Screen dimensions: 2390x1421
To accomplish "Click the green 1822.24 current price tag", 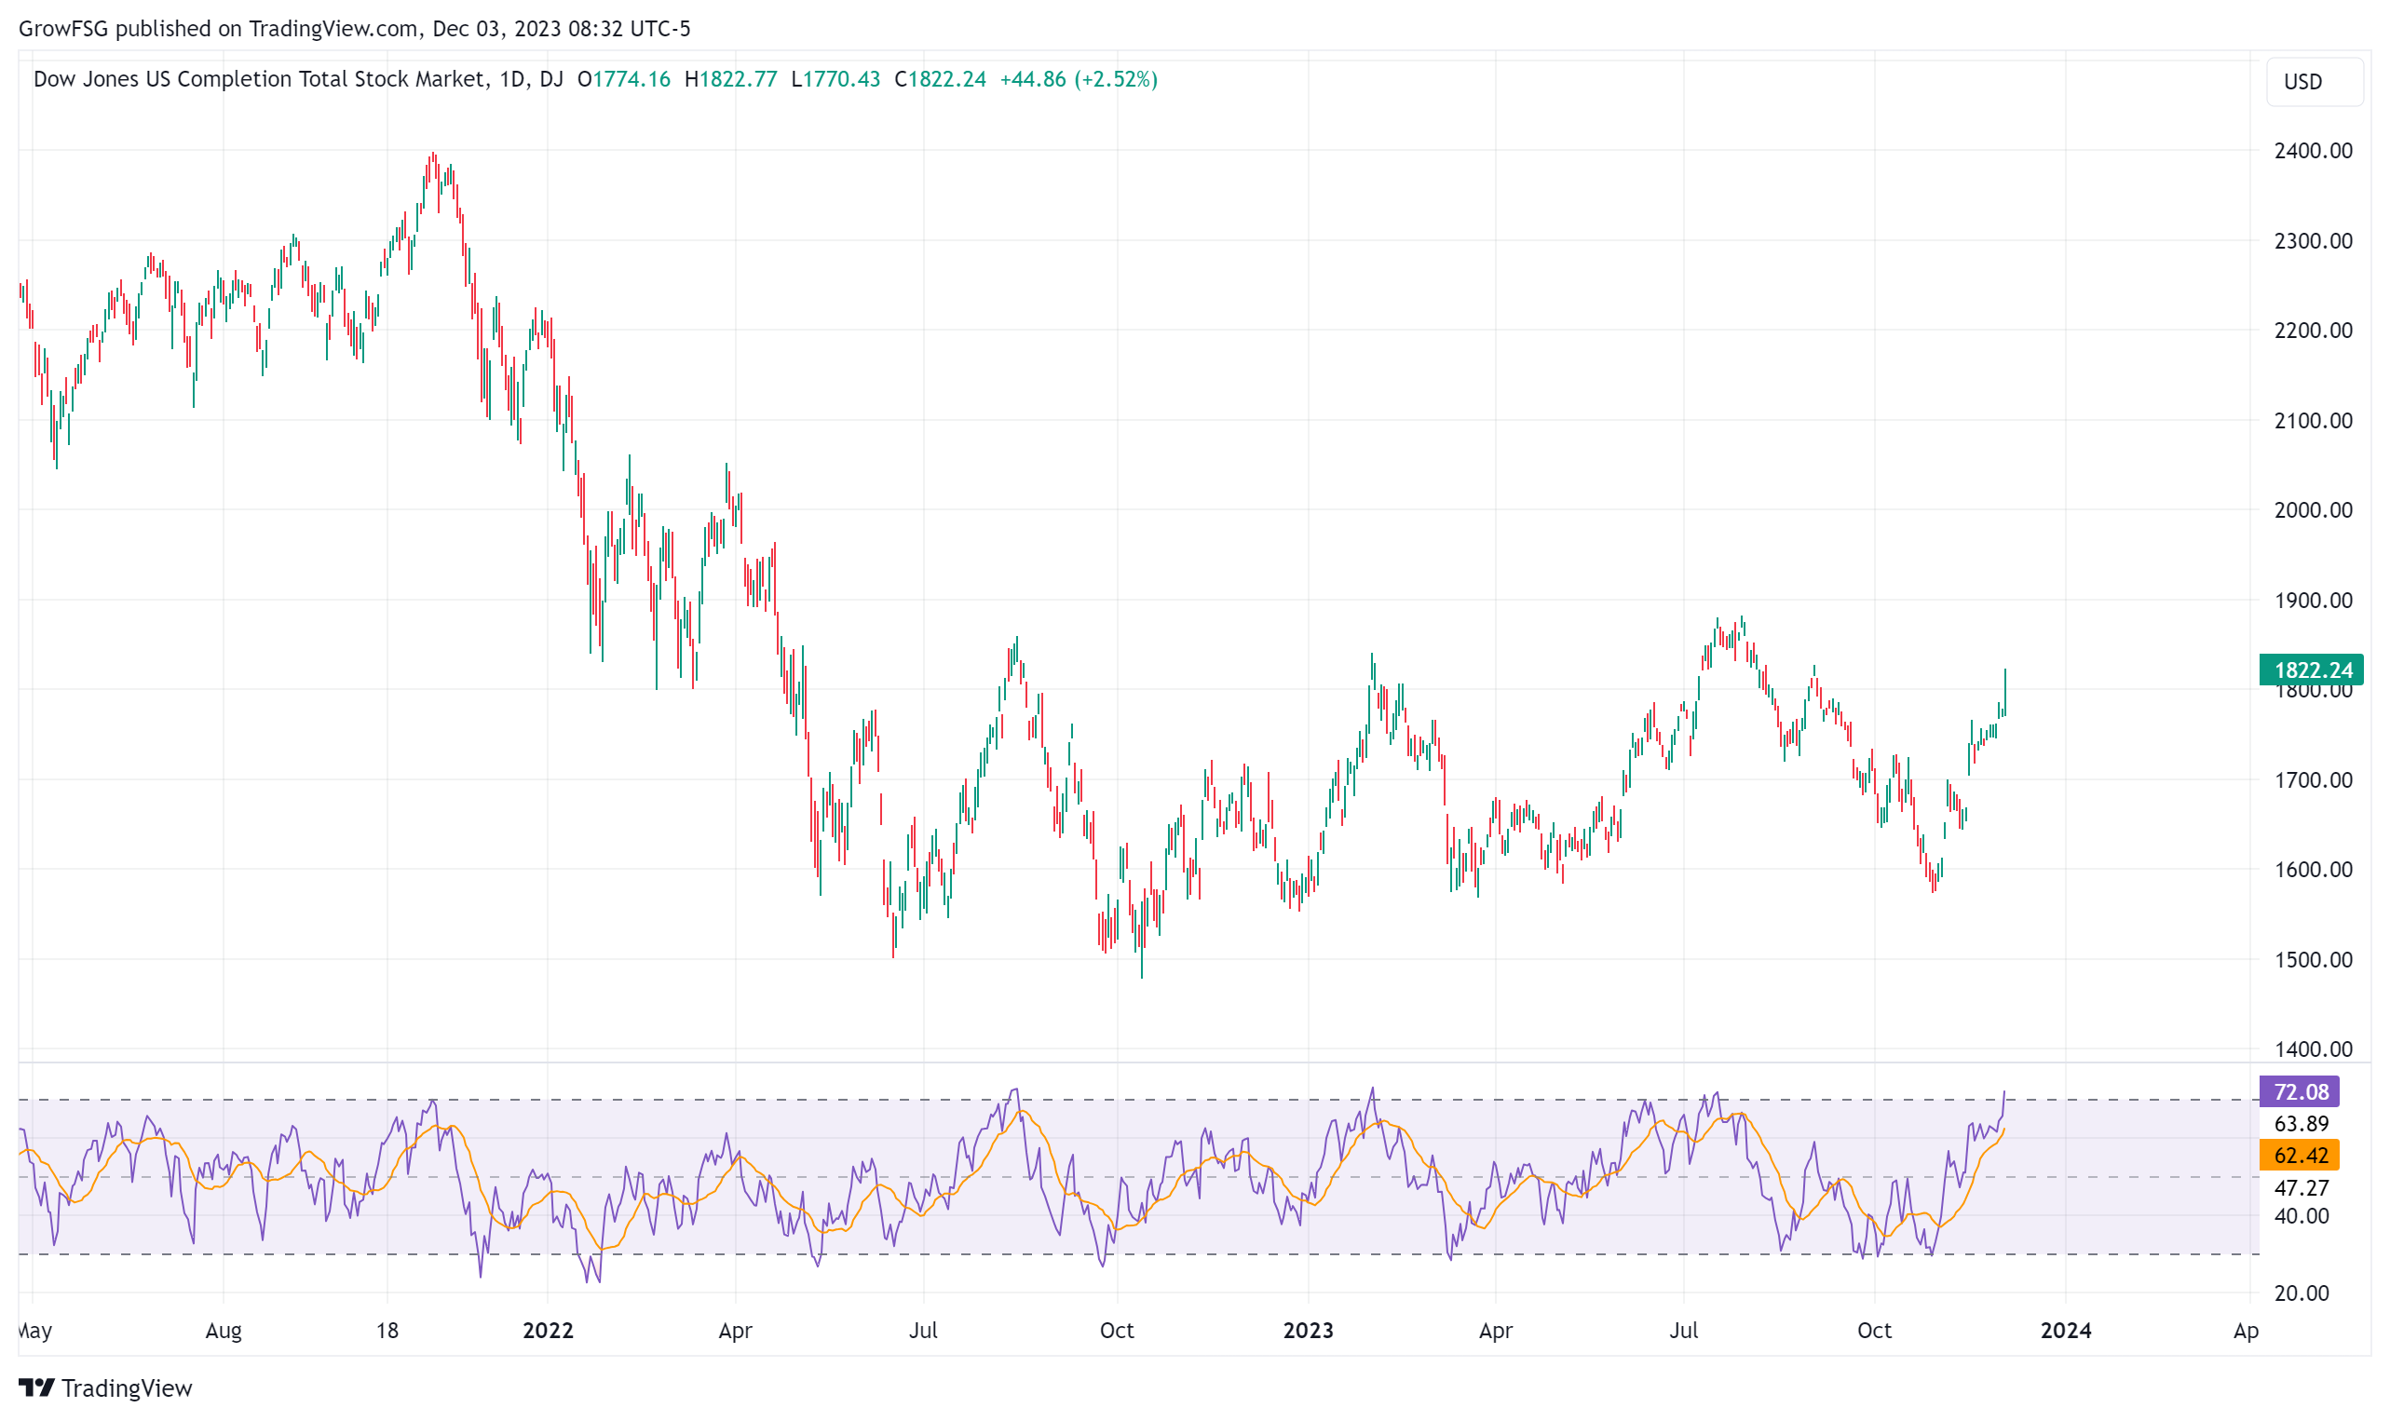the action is pos(2311,670).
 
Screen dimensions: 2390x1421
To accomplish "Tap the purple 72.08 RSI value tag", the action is pos(2298,1091).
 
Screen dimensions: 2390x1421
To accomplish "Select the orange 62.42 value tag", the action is pos(2298,1155).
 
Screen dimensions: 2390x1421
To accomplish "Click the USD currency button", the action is pos(2314,81).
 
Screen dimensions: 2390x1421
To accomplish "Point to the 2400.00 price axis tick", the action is pos(2313,150).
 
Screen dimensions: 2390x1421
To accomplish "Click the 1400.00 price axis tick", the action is pos(2313,1049).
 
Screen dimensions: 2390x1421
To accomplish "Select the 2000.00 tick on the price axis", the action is pos(2313,509).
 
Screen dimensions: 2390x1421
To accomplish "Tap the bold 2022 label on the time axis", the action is pos(548,1330).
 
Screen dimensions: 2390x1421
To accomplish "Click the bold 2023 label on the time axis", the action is pos(1308,1330).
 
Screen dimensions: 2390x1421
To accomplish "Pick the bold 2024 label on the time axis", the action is pos(2065,1330).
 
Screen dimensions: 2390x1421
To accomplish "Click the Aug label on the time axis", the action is pos(224,1331).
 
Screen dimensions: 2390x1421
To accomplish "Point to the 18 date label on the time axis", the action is pos(387,1330).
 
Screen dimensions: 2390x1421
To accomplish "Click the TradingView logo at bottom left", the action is pos(105,1387).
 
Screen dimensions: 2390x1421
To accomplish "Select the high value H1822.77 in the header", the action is pos(730,78).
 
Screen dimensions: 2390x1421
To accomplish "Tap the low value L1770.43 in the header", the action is pos(835,78).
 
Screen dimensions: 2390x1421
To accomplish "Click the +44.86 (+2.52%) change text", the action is pos(1079,78).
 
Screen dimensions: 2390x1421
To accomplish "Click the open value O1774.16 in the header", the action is pos(623,78).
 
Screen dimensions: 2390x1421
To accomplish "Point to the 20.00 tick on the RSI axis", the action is pos(2301,1292).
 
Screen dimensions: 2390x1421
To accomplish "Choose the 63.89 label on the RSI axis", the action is pos(2301,1123).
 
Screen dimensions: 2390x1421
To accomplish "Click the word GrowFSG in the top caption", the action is pos(63,29).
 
